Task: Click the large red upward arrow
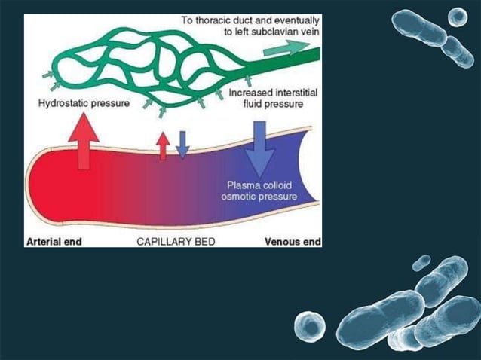pos(84,141)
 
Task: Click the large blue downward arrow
pos(260,149)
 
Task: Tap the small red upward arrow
pos(163,146)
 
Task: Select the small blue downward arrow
pos(182,145)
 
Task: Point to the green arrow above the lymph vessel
pos(286,47)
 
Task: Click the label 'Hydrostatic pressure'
pos(84,103)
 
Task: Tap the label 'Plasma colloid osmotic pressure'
pos(259,191)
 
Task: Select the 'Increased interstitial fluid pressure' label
pos(273,98)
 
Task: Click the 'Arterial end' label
pos(54,242)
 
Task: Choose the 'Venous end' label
pos(293,242)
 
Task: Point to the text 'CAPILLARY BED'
pos(176,242)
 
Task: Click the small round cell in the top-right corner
pos(458,17)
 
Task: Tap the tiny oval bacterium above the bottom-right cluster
pos(421,263)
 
